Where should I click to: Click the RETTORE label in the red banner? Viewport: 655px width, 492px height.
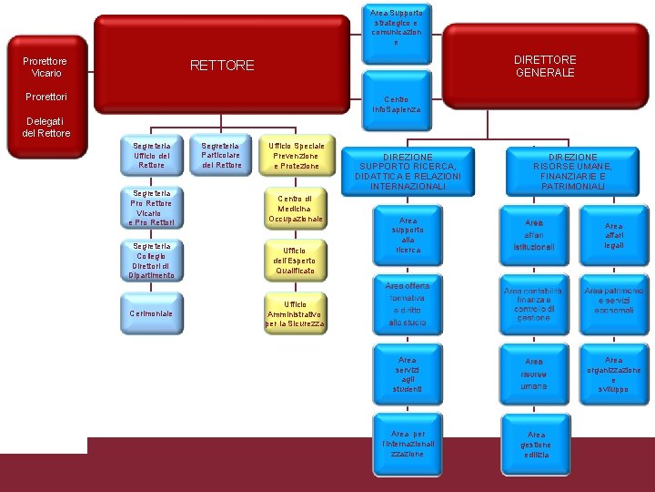(x=222, y=66)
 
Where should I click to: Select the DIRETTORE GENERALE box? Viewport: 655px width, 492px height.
(x=545, y=67)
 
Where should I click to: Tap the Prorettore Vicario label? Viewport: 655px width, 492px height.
(x=45, y=67)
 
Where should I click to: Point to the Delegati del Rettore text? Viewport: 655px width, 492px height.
(x=45, y=127)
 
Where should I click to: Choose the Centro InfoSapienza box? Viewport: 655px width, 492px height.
(x=396, y=104)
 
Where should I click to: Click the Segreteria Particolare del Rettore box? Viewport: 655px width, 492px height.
(x=221, y=156)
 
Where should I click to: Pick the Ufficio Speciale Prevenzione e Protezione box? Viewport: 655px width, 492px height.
(x=296, y=156)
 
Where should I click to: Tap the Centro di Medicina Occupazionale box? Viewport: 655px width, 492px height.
(x=295, y=209)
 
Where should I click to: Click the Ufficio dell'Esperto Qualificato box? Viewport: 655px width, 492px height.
(x=295, y=261)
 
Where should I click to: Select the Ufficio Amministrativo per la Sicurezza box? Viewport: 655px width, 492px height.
(x=295, y=313)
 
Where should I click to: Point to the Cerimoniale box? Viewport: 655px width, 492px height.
(x=151, y=313)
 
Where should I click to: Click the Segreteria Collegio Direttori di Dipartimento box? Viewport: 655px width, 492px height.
(x=151, y=261)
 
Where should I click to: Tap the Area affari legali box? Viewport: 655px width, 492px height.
(x=614, y=235)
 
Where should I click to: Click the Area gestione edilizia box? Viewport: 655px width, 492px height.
(x=535, y=445)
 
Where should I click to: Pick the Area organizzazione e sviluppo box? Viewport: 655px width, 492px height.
(x=614, y=374)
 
